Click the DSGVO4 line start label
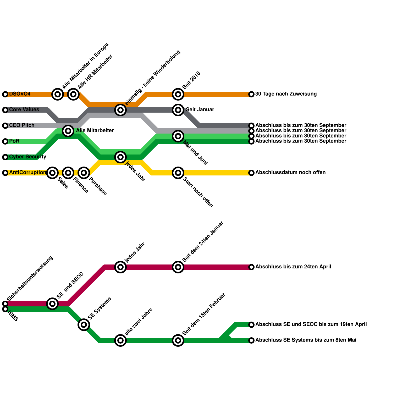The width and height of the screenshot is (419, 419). coord(20,94)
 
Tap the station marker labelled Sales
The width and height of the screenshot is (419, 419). coord(52,173)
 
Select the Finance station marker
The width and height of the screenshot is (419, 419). coord(68,173)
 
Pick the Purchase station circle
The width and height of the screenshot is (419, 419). coord(84,173)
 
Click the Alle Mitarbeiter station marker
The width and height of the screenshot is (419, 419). coord(68,131)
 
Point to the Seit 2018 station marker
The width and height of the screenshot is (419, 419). coord(178,94)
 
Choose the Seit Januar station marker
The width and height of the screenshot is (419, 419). coord(178,110)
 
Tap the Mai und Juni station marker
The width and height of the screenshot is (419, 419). coord(178,136)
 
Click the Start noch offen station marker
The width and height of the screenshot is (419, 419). coord(178,173)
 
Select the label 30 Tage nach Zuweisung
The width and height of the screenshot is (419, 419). coord(286,94)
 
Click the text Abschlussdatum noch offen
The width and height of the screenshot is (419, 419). coord(290,173)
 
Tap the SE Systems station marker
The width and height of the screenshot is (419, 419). coord(84,325)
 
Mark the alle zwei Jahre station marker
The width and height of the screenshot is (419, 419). coord(120,340)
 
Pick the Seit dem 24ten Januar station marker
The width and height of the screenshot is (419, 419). coord(178,267)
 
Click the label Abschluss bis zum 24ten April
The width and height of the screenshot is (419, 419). coord(293,267)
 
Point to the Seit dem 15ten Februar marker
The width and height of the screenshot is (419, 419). coord(178,340)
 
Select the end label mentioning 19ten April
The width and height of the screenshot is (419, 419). coord(311,324)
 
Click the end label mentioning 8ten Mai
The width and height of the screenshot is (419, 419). coord(306,340)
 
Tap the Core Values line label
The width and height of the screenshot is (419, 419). coord(24,110)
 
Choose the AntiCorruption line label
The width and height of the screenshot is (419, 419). coord(27,173)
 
